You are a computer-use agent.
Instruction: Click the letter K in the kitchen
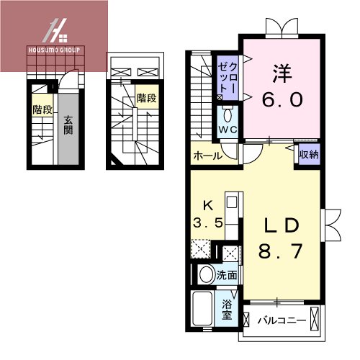tap(207, 204)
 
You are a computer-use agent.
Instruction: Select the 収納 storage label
tap(308, 153)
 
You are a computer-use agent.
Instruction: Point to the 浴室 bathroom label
tap(228, 310)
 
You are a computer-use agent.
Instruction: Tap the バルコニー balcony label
tap(282, 320)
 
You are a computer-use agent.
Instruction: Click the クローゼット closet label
tap(228, 76)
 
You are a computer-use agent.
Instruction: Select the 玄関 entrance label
tap(68, 126)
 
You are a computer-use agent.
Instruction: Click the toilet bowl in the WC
tap(228, 115)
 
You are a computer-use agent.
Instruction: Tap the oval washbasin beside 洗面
tap(204, 274)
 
